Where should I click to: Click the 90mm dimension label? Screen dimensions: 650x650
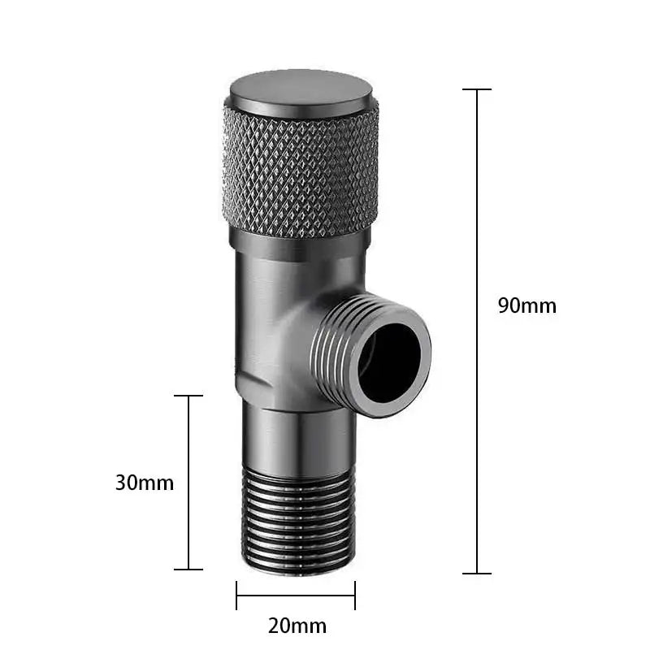[x=526, y=305]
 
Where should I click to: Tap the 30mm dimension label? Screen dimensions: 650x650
[x=145, y=482]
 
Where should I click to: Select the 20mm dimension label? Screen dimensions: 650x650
[x=297, y=626]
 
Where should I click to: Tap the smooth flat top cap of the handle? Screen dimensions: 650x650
[x=300, y=89]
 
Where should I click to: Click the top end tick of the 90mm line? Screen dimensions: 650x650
[x=477, y=89]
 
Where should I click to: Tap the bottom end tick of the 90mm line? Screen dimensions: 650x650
[x=477, y=573]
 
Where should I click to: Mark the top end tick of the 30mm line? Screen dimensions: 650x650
[x=188, y=396]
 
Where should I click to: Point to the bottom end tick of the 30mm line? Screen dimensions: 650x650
[x=188, y=569]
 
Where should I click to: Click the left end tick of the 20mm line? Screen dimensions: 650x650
[x=236, y=595]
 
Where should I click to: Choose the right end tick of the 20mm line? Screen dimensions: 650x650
[x=355, y=595]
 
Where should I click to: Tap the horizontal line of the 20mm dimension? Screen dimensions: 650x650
[x=296, y=595]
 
